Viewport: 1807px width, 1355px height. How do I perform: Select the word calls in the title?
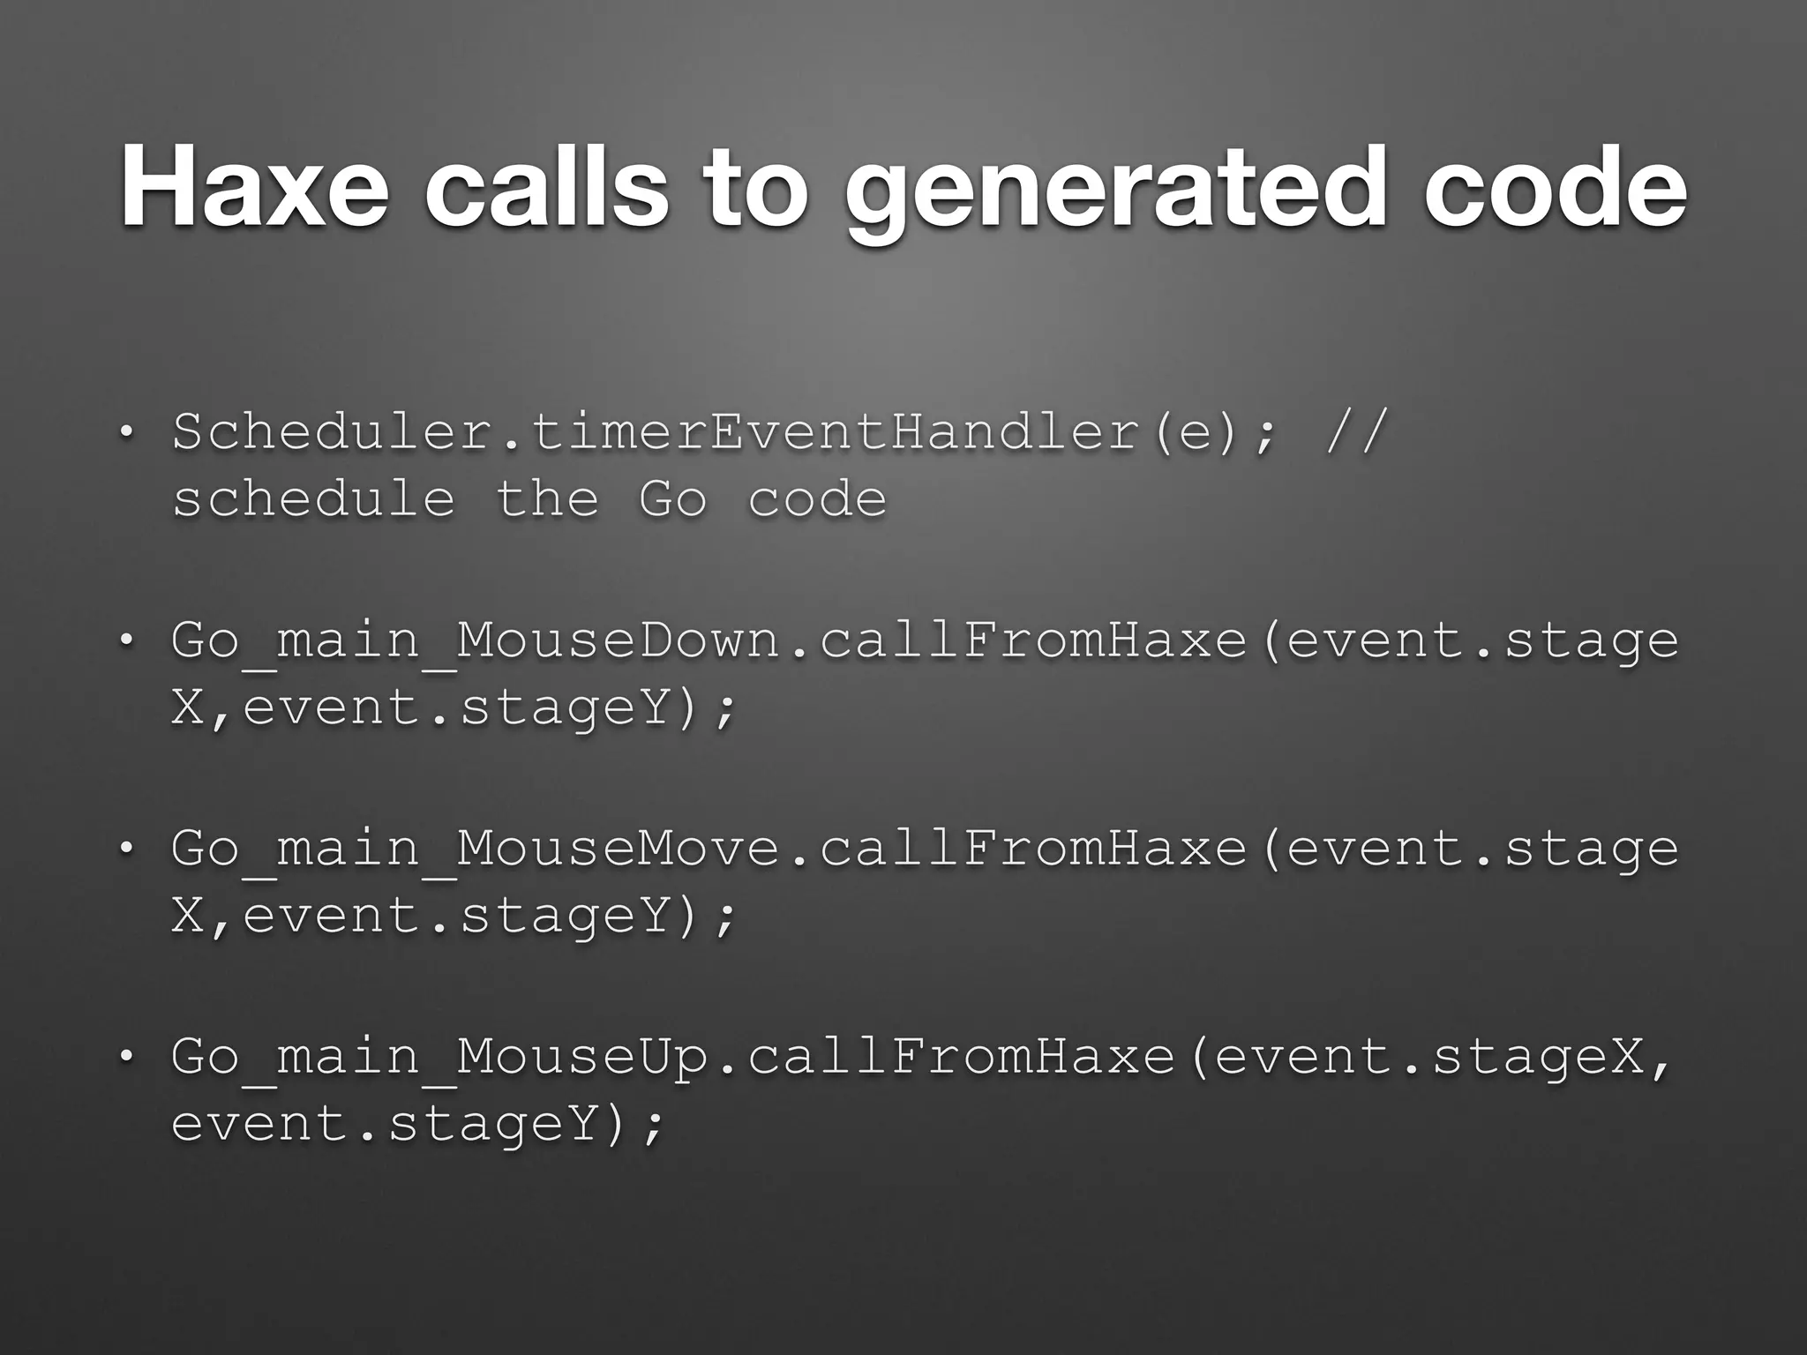pyautogui.click(x=546, y=188)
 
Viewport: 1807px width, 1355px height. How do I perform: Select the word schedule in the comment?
pyautogui.click(x=314, y=498)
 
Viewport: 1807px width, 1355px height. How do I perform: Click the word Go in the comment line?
pyautogui.click(x=672, y=498)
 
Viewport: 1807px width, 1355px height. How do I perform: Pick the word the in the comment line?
pyautogui.click(x=547, y=498)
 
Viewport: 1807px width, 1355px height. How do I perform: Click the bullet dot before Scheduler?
pyautogui.click(x=127, y=433)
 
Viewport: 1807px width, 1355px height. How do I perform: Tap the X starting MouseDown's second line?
pyautogui.click(x=188, y=708)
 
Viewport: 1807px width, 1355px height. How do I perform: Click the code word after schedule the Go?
pyautogui.click(x=817, y=498)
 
